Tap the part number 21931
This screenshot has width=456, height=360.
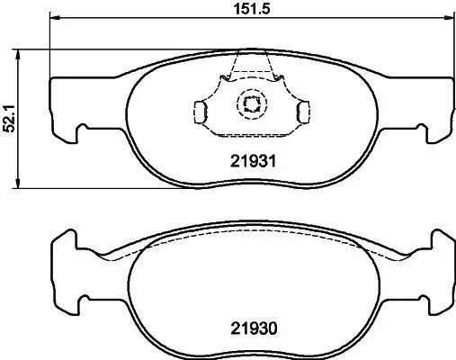pos(249,163)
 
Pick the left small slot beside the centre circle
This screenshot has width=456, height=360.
pos(201,111)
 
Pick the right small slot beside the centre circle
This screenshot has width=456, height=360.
pos(302,111)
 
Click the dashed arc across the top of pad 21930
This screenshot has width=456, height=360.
pos(251,243)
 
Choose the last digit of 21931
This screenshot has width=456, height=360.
pos(272,163)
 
